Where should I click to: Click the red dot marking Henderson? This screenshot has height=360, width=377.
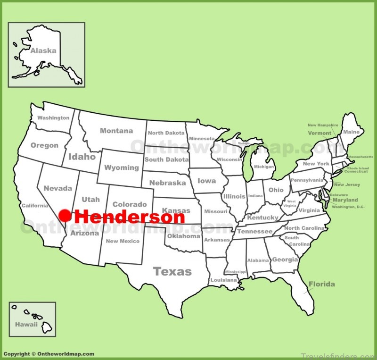tap(66, 216)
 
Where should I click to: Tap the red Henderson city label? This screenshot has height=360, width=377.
tap(130, 217)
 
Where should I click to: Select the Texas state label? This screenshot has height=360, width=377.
tap(172, 271)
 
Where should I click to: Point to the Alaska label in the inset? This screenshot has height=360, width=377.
tap(43, 50)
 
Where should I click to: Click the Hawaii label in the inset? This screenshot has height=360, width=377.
tap(26, 325)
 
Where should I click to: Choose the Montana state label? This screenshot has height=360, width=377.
tap(116, 131)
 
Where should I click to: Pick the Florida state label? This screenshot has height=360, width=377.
tap(322, 284)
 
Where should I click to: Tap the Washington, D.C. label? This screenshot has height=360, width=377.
tap(348, 207)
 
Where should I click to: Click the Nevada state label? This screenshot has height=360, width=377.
tap(58, 188)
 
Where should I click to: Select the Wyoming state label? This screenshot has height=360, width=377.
tap(122, 167)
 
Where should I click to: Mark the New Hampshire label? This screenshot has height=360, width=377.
tap(323, 125)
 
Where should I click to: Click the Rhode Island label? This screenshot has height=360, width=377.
tap(358, 167)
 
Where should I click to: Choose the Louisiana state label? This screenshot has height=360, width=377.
tap(224, 280)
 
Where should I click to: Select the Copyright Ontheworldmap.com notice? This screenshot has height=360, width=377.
tap(49, 354)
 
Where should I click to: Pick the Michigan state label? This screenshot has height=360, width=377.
tap(263, 167)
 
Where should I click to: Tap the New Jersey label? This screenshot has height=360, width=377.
tap(347, 184)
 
